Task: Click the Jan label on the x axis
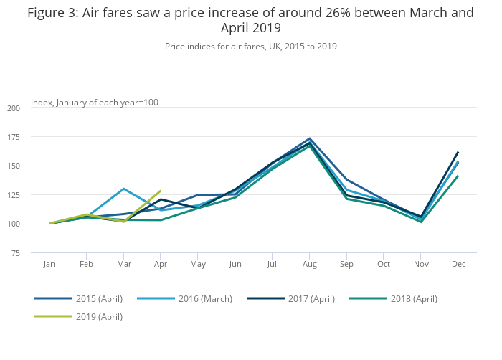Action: pyautogui.click(x=49, y=265)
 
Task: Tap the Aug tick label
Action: pyautogui.click(x=309, y=265)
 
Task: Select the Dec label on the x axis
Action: pyautogui.click(x=458, y=265)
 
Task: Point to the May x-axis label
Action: pyautogui.click(x=198, y=265)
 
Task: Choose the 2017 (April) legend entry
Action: pyautogui.click(x=301, y=298)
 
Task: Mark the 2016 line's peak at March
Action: pyautogui.click(x=123, y=189)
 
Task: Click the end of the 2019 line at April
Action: pyautogui.click(x=161, y=191)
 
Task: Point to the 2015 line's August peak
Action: pyautogui.click(x=309, y=138)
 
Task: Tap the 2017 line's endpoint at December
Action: pyautogui.click(x=458, y=152)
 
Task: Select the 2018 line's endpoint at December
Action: pyautogui.click(x=458, y=176)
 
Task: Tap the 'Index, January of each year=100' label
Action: pyautogui.click(x=95, y=103)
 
